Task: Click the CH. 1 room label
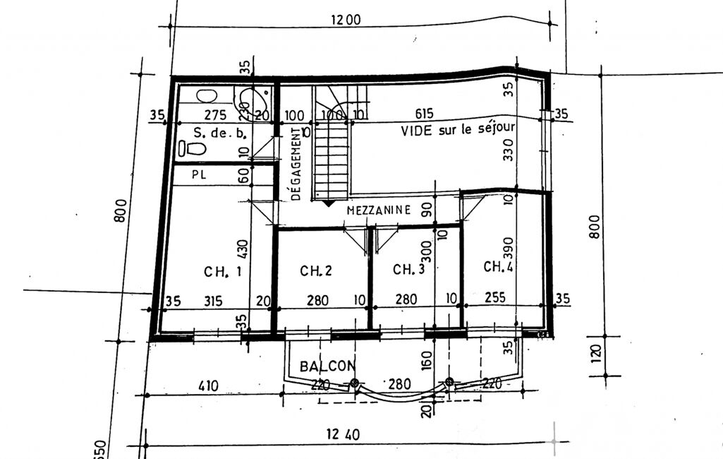pos(223,272)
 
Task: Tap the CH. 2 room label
pos(316,270)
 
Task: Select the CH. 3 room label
pos(408,269)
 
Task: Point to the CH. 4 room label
pos(499,266)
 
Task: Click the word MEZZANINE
pos(379,210)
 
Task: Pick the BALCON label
pos(328,366)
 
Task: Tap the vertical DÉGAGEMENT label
pos(296,164)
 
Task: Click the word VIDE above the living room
pos(416,131)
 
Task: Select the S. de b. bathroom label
pos(220,133)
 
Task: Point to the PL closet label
pos(199,175)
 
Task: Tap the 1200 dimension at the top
pos(346,20)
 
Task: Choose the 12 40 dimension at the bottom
pos(343,434)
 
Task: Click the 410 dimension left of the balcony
pos(208,385)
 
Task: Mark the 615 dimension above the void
pos(424,114)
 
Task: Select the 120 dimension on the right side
pos(596,354)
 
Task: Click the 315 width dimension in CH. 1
pos(213,301)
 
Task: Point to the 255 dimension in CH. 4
pos(494,297)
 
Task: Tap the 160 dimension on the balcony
pos(427,360)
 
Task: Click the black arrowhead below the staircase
pos(328,203)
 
